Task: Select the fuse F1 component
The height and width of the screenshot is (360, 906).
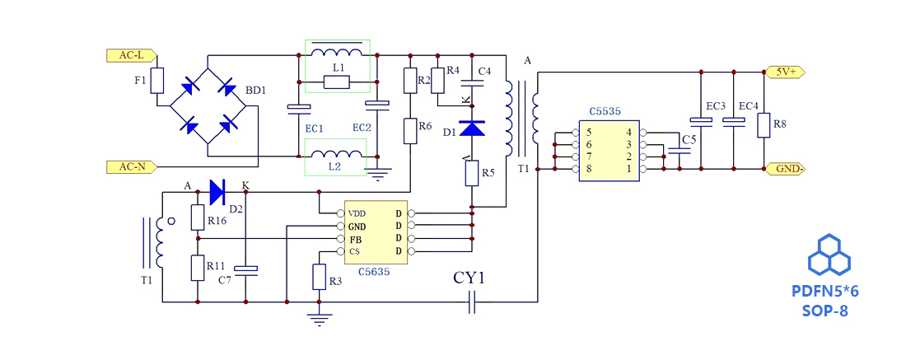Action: tap(158, 81)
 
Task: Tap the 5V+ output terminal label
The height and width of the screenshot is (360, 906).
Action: tap(785, 72)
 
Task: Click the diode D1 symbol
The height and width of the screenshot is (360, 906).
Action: tap(472, 129)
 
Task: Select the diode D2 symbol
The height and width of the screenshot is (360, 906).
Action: tap(217, 192)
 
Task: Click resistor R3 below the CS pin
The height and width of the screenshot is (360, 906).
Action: tap(319, 277)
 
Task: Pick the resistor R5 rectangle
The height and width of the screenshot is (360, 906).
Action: tap(472, 173)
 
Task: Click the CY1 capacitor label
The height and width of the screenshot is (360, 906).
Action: tap(469, 278)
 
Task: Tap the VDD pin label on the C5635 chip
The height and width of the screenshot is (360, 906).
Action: tap(357, 213)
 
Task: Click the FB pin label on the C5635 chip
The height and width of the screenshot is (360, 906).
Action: tap(355, 239)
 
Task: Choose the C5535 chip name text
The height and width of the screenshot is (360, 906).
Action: tap(605, 110)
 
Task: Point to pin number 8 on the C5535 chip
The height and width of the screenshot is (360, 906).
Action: tap(589, 169)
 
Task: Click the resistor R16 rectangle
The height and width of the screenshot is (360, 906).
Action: tap(198, 217)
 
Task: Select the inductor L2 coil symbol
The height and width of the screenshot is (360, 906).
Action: tap(334, 154)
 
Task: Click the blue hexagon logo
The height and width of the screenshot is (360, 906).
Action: tap(829, 255)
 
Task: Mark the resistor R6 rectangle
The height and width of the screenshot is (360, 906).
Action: tap(409, 130)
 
